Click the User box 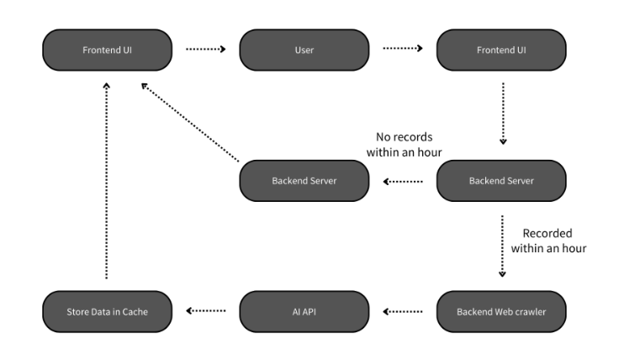tap(304, 50)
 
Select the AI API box tap(304, 311)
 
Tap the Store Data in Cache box tap(107, 311)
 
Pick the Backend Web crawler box tap(501, 311)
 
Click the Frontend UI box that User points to tap(501, 50)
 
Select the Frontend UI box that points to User tap(107, 50)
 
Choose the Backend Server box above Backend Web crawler tap(501, 181)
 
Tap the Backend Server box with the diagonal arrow tap(304, 181)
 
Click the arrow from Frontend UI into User tap(205, 50)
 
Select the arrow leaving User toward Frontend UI tap(403, 50)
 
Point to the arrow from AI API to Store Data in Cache tap(205, 310)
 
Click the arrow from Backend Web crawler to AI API tap(403, 310)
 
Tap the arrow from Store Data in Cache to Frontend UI tap(107, 181)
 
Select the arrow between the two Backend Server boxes tap(403, 181)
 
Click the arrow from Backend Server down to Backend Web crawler tap(502, 246)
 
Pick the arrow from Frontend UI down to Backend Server tap(502, 114)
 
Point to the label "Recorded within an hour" tap(548, 241)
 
